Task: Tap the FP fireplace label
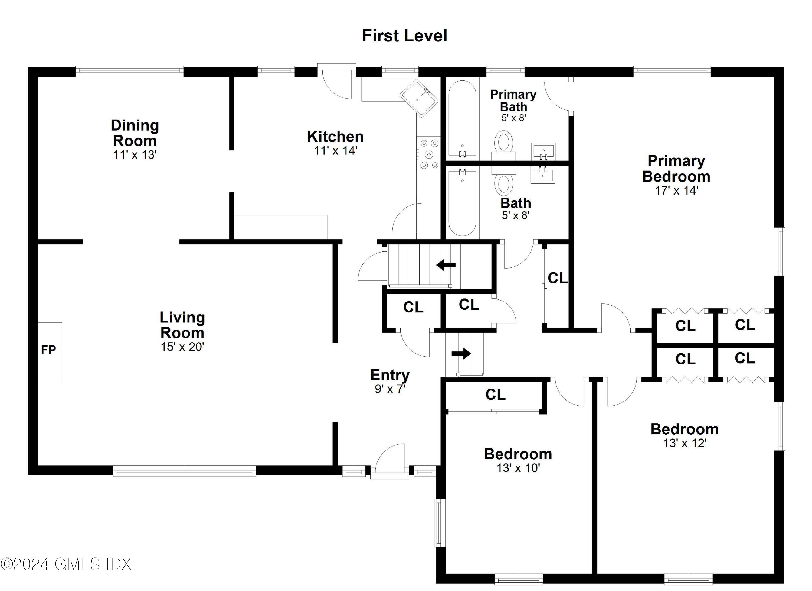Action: (48, 350)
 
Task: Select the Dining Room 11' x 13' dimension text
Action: (135, 155)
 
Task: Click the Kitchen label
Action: (335, 137)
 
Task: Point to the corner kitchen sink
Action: (419, 98)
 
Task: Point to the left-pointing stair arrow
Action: (446, 265)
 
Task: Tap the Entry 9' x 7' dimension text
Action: (390, 389)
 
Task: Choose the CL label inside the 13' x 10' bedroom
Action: (496, 395)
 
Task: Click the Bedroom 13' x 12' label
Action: (684, 429)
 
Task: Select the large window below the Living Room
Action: (184, 471)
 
